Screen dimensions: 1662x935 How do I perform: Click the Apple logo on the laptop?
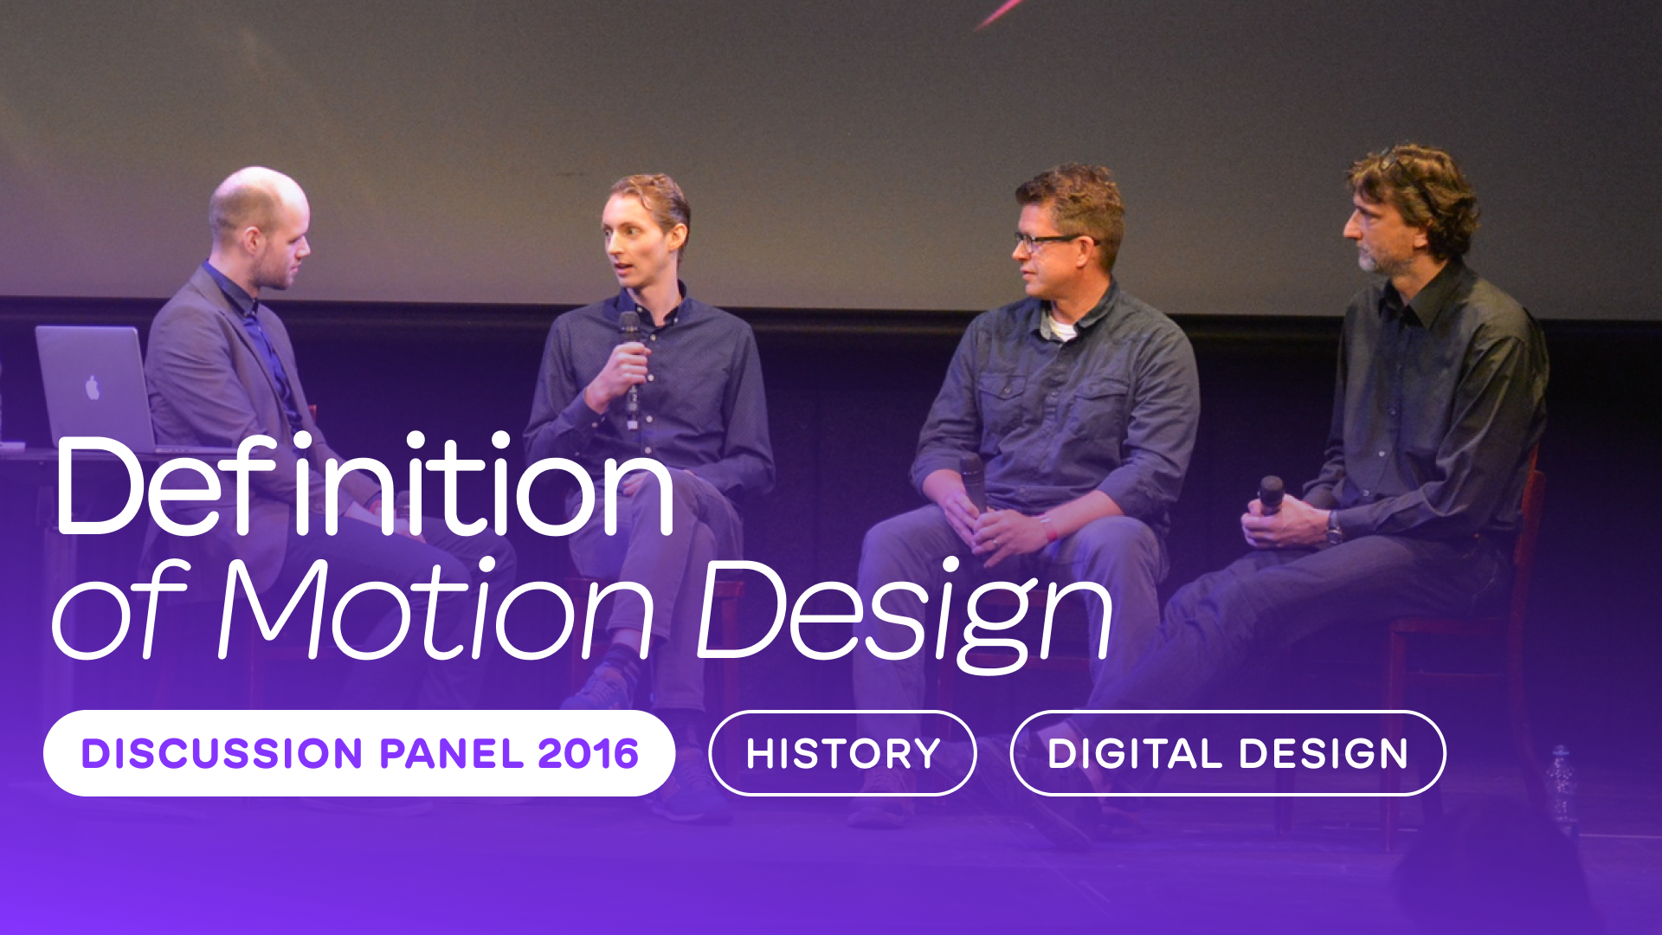[93, 388]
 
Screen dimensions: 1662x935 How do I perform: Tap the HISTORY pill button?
[842, 753]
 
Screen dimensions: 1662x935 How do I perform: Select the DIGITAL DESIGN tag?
[1227, 753]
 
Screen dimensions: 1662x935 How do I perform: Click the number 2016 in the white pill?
[589, 753]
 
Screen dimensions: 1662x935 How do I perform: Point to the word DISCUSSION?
[222, 753]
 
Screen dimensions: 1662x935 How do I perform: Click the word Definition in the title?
[364, 486]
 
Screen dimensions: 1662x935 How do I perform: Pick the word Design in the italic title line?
[905, 615]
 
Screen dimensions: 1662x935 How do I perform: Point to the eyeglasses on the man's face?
[1047, 242]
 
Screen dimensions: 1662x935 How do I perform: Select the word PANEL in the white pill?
[451, 753]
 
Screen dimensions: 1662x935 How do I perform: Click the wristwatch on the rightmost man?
[1334, 527]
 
